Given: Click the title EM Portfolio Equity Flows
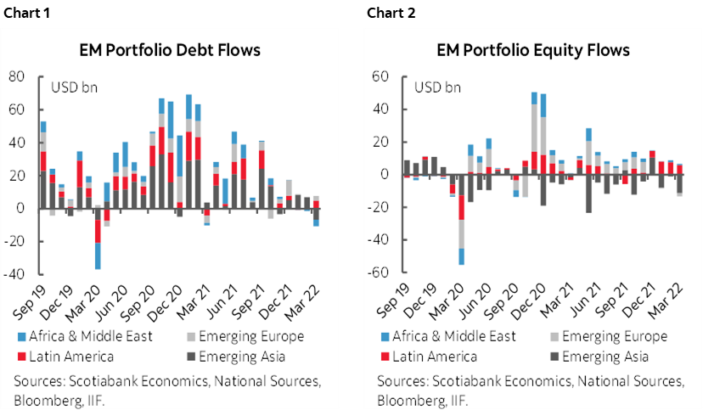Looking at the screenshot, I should [533, 50].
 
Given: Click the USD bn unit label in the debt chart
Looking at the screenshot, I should [75, 87].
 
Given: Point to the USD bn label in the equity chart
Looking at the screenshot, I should [437, 87].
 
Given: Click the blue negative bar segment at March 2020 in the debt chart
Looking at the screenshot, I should [98, 256].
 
